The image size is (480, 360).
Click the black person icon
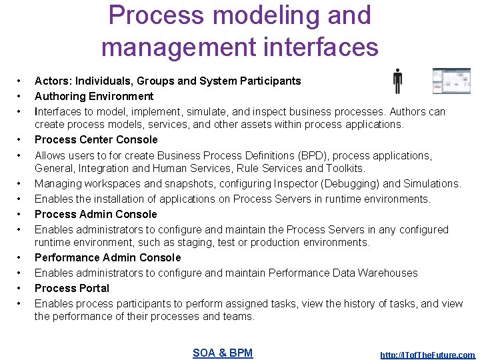click(397, 81)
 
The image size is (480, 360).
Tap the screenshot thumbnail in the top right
click(451, 81)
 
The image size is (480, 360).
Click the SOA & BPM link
click(223, 353)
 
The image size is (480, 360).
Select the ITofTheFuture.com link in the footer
click(427, 355)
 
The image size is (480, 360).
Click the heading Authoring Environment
click(94, 96)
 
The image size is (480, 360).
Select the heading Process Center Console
click(96, 139)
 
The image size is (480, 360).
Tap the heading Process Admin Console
click(96, 214)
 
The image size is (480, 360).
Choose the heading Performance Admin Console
click(107, 257)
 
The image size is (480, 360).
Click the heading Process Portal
click(72, 288)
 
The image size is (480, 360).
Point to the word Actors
click(53, 81)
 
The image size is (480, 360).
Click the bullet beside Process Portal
click(21, 288)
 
